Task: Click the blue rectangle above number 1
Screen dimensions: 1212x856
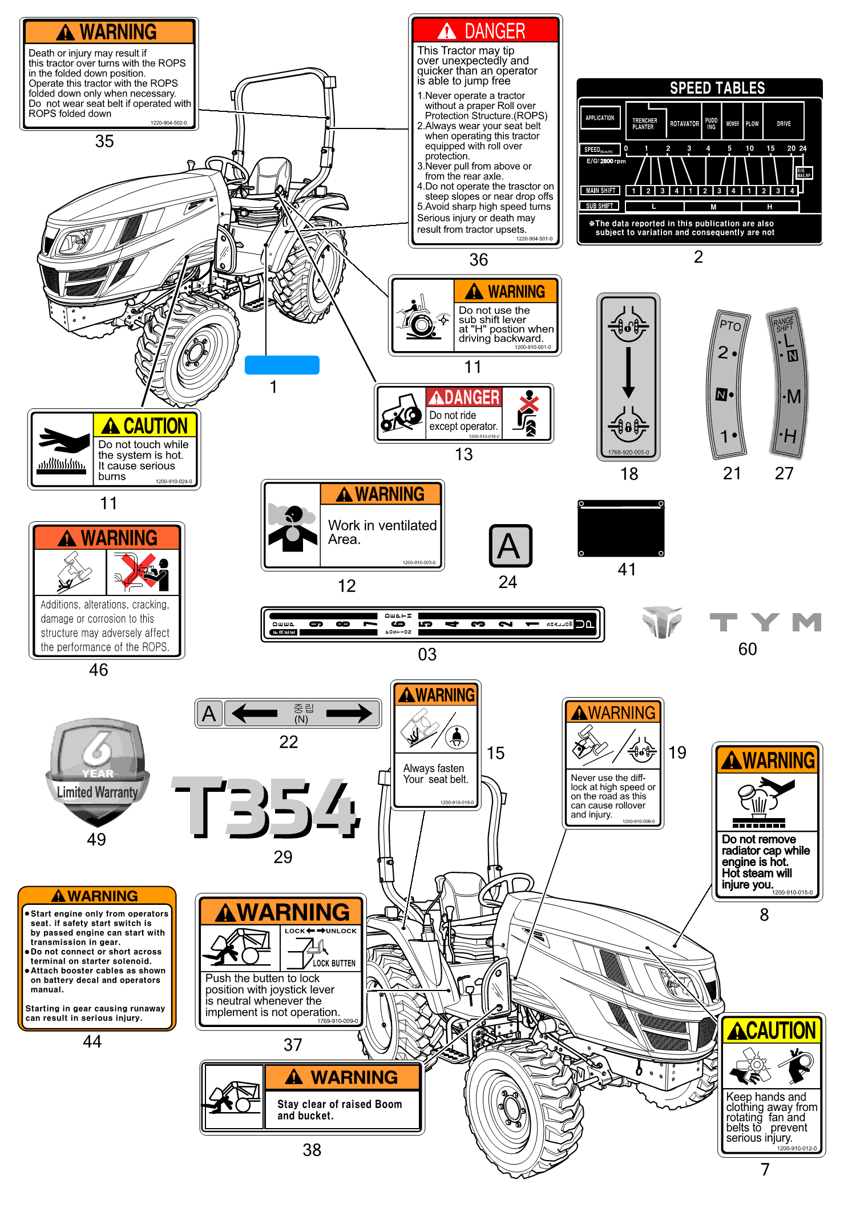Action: pos(282,365)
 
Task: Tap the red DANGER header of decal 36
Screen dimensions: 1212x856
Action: pos(485,30)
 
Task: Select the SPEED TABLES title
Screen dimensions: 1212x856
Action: pos(717,88)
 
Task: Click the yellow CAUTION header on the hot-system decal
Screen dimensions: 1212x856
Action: pos(145,426)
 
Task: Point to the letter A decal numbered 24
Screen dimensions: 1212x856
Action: pos(510,546)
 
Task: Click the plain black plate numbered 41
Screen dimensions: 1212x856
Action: pos(621,529)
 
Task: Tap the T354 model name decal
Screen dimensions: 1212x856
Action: pos(267,808)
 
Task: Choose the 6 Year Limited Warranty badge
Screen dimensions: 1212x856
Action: pos(98,771)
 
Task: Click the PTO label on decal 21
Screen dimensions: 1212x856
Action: pos(730,325)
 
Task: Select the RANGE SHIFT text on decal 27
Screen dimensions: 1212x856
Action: pos(784,324)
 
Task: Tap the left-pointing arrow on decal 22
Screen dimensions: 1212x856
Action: pos(255,712)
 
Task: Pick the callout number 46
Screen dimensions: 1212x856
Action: pos(98,670)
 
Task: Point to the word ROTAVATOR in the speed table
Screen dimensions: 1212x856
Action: pos(684,124)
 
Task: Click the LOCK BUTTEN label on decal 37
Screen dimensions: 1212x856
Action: pos(334,964)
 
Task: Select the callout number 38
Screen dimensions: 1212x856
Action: pos(312,1150)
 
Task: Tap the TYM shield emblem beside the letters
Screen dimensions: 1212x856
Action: pos(661,622)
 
